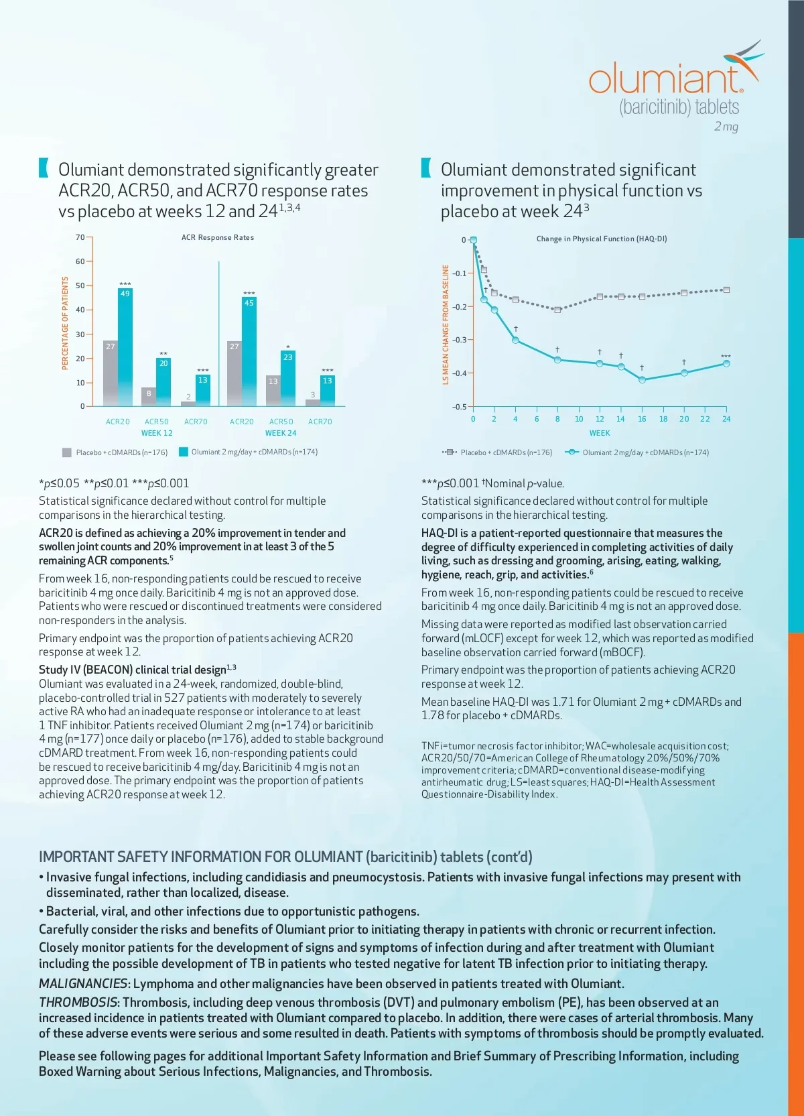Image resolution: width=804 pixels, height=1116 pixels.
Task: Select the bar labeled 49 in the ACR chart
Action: click(125, 347)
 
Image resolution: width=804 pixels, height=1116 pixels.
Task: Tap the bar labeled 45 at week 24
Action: click(249, 351)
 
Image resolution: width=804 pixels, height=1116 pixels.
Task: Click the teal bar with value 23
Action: click(288, 378)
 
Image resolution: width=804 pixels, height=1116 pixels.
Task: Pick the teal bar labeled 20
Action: click(163, 381)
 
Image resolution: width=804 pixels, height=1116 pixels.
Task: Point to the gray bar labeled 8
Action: click(149, 396)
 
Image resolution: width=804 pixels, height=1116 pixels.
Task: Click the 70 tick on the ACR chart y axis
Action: click(80, 237)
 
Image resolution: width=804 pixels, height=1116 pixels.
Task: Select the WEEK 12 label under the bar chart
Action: click(157, 433)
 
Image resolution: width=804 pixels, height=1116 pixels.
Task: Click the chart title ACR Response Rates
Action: click(218, 237)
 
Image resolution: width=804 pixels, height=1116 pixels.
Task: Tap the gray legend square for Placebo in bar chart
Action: click(67, 452)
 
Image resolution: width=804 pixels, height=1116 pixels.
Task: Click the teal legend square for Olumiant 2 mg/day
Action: click(183, 452)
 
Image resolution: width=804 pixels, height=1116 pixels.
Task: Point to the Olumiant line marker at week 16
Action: click(642, 379)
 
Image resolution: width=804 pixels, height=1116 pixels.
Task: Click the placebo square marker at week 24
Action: click(726, 290)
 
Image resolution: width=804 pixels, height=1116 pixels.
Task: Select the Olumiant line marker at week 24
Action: click(726, 363)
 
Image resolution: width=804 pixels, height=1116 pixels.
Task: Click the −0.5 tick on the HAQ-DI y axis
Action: click(459, 407)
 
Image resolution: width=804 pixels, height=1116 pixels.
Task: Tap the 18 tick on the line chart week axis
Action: click(663, 419)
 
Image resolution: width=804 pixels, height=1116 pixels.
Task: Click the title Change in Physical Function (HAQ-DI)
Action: click(601, 239)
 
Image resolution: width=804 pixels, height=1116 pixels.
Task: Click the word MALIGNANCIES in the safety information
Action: click(83, 983)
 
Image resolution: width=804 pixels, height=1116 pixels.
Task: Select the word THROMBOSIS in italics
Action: click(78, 1002)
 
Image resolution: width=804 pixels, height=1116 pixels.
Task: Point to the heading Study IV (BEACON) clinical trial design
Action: click(133, 670)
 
